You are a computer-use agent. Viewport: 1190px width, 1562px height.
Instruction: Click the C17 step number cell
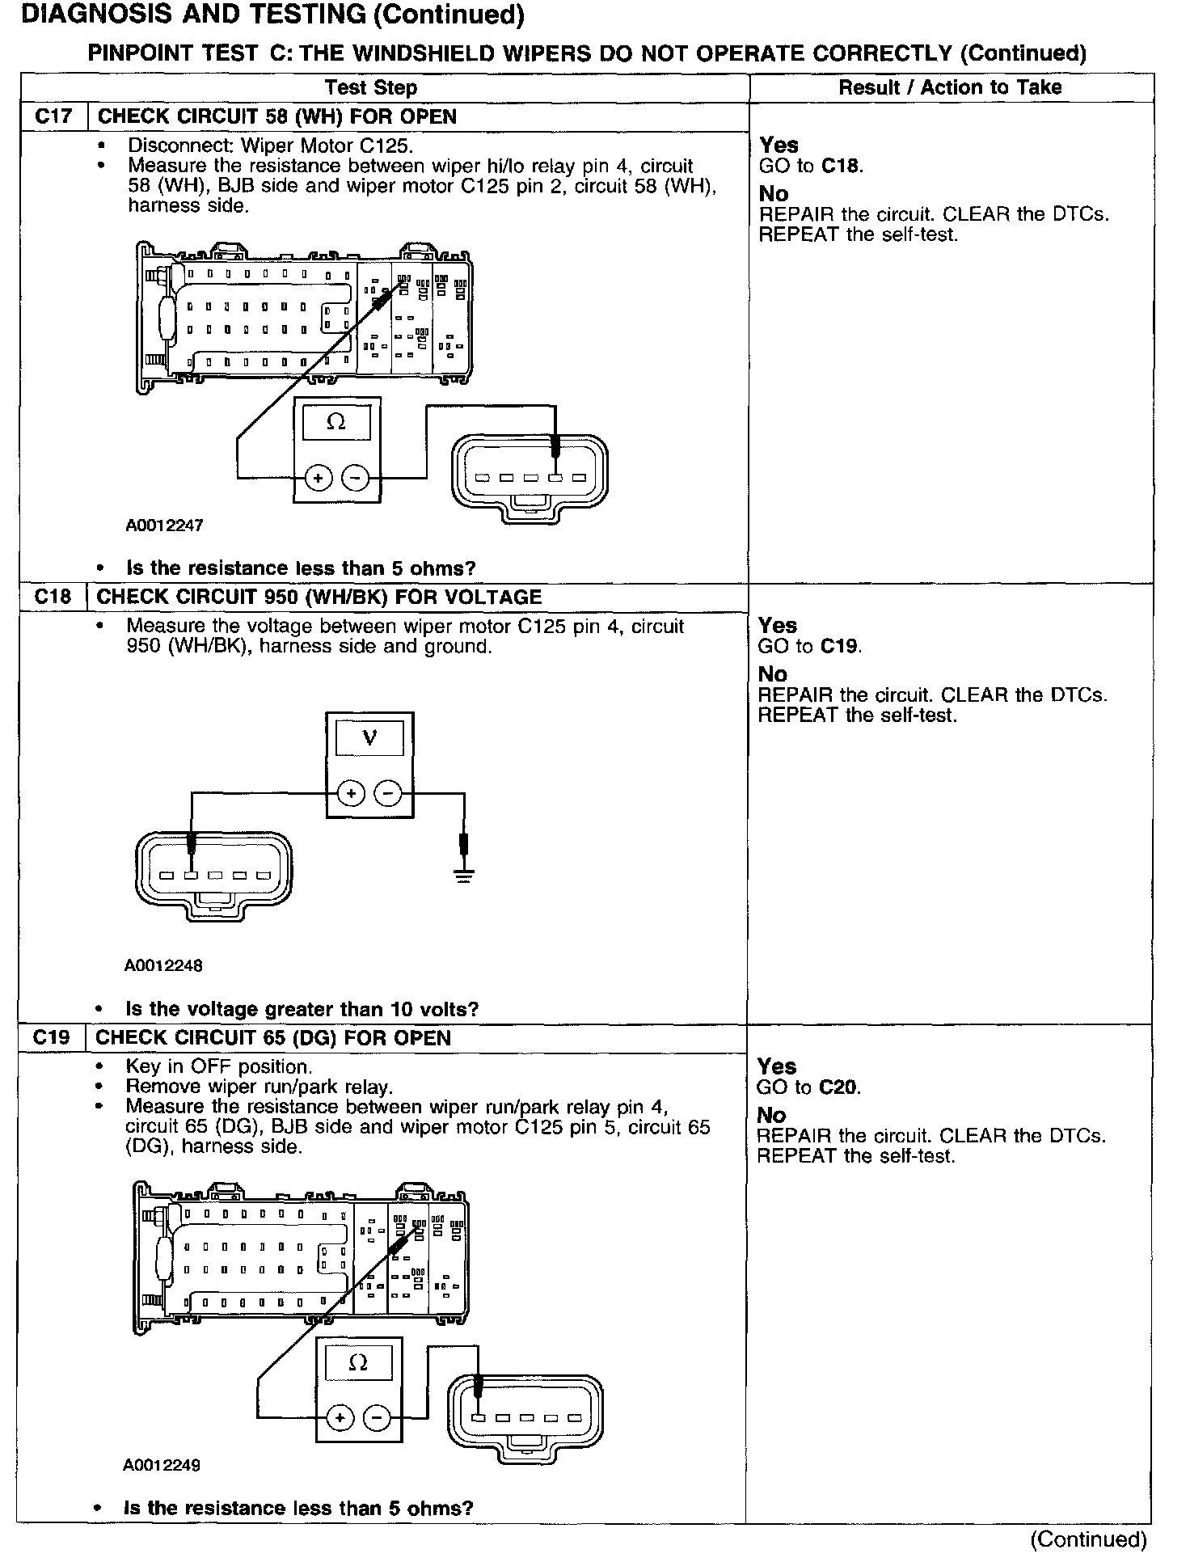53,116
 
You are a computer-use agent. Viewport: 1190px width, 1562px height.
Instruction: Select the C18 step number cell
53,597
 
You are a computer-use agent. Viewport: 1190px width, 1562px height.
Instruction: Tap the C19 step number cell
52,1038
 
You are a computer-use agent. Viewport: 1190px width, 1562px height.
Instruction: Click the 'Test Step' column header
371,88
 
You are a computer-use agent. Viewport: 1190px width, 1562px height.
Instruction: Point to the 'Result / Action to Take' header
950,87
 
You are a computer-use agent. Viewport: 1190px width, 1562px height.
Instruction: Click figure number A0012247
164,526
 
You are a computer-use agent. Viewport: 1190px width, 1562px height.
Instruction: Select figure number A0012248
163,965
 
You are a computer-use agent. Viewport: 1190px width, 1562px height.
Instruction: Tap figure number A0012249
162,1465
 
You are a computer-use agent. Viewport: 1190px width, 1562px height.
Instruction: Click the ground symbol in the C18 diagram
463,874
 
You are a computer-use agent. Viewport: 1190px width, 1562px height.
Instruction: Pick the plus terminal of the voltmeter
351,794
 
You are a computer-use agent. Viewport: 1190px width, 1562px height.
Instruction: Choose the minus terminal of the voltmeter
389,794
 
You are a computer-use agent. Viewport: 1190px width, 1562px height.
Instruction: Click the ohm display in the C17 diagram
335,422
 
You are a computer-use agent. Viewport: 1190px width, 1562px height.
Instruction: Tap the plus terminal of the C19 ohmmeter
340,1417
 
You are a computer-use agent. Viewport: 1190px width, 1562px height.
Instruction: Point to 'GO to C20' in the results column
809,1087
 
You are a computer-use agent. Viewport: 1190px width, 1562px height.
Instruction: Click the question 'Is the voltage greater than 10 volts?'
302,1009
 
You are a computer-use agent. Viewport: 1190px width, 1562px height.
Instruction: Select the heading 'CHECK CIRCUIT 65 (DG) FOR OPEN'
273,1038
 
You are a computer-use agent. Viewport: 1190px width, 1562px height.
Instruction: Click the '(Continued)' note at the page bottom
1088,1539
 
